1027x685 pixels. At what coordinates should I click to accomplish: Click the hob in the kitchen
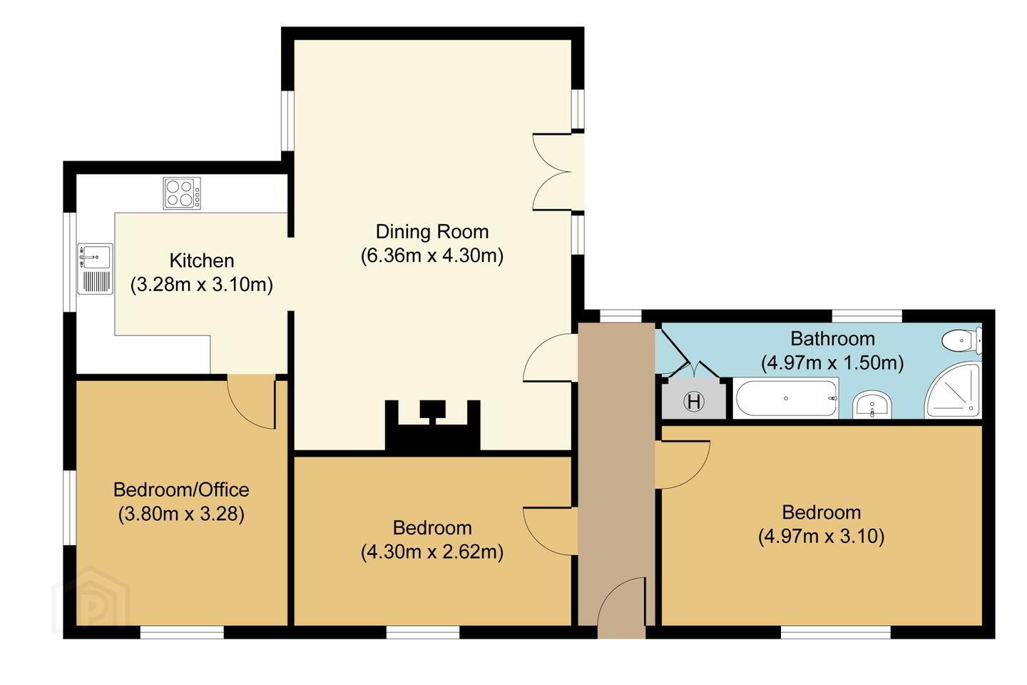click(x=182, y=193)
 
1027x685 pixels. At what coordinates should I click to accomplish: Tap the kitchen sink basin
click(x=95, y=257)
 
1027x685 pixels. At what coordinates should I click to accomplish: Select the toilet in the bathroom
click(x=962, y=340)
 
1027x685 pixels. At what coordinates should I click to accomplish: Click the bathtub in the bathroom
click(x=786, y=398)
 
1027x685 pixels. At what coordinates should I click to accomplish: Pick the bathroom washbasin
click(x=872, y=405)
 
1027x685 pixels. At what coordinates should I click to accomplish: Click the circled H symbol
click(x=694, y=402)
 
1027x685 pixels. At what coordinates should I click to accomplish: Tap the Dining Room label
click(x=432, y=232)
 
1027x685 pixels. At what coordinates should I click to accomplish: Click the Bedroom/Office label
click(x=181, y=490)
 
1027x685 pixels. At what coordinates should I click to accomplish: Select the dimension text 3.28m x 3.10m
click(x=202, y=285)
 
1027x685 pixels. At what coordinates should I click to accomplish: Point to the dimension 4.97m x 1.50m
click(x=832, y=363)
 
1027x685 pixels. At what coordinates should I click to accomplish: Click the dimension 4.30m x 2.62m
click(x=432, y=552)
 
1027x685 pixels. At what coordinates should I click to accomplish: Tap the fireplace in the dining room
click(x=432, y=427)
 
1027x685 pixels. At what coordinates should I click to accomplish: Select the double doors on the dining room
click(x=553, y=172)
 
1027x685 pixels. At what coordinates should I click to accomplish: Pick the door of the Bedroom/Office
click(x=251, y=402)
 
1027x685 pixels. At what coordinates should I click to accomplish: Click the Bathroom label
click(x=832, y=339)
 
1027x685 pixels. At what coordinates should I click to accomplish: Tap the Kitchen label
click(x=202, y=260)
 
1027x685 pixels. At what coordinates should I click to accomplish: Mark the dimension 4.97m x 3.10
click(x=821, y=537)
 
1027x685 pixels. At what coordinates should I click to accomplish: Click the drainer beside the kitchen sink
click(x=96, y=281)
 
